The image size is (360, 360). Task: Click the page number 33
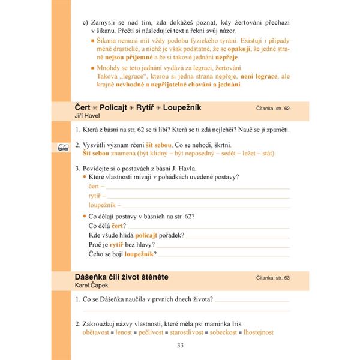tap(181, 345)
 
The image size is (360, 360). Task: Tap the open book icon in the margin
tap(62, 146)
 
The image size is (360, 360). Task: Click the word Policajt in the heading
tap(118, 107)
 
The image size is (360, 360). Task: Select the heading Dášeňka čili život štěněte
tap(121, 277)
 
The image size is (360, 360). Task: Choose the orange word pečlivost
tap(158, 332)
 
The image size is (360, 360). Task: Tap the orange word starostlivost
tap(197, 332)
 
